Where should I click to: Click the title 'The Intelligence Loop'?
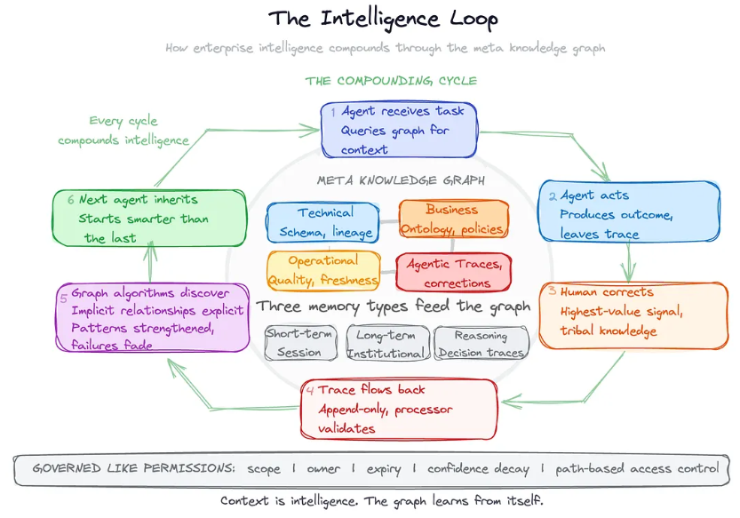coord(383,19)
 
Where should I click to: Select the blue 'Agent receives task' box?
coord(399,131)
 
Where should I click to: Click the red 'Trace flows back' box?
coord(399,409)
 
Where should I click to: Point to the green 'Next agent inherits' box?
coord(148,218)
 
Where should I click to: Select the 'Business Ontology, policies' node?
coord(453,219)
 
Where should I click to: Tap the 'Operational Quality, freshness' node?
coord(323,270)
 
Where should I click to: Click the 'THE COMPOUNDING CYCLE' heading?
coord(391,81)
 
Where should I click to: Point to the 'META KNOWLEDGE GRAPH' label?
coord(401,180)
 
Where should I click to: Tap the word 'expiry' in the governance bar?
coord(383,469)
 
